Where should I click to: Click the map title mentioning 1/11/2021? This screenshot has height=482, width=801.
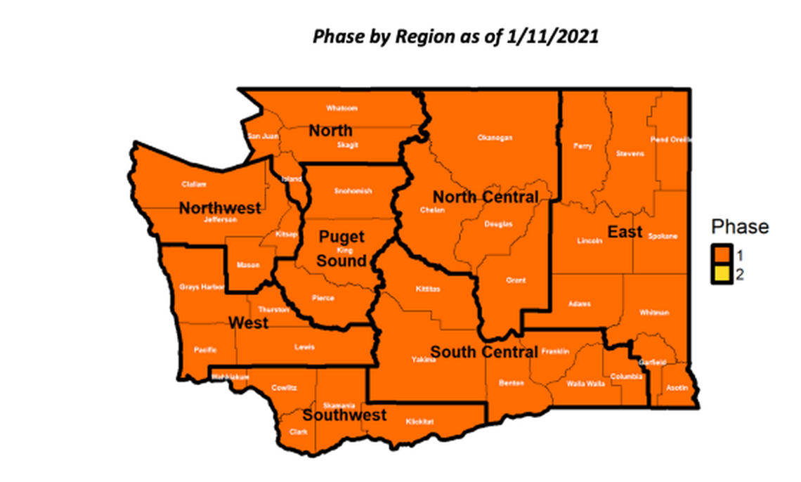pyautogui.click(x=455, y=37)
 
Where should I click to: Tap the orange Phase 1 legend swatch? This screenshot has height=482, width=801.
pyautogui.click(x=722, y=254)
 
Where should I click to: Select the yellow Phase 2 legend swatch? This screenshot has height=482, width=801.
pyautogui.click(x=722, y=275)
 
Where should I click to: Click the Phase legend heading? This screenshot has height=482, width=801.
pyautogui.click(x=740, y=227)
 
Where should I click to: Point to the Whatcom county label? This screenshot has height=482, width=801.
pyautogui.click(x=341, y=108)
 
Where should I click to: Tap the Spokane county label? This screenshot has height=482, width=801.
pyautogui.click(x=663, y=236)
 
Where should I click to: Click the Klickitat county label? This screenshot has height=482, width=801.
pyautogui.click(x=420, y=422)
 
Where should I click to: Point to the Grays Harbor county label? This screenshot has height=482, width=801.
pyautogui.click(x=201, y=287)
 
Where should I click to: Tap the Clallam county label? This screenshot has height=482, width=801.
pyautogui.click(x=194, y=184)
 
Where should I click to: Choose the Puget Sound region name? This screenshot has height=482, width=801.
pyautogui.click(x=341, y=249)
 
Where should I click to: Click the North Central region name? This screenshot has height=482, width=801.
pyautogui.click(x=486, y=197)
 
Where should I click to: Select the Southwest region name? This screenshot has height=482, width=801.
pyautogui.click(x=344, y=415)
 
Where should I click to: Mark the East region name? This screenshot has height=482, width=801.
pyautogui.click(x=625, y=231)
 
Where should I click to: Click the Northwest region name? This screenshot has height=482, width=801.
pyautogui.click(x=220, y=208)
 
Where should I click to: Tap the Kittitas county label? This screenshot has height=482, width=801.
pyautogui.click(x=426, y=289)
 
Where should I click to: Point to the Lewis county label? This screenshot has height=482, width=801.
pyautogui.click(x=305, y=347)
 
